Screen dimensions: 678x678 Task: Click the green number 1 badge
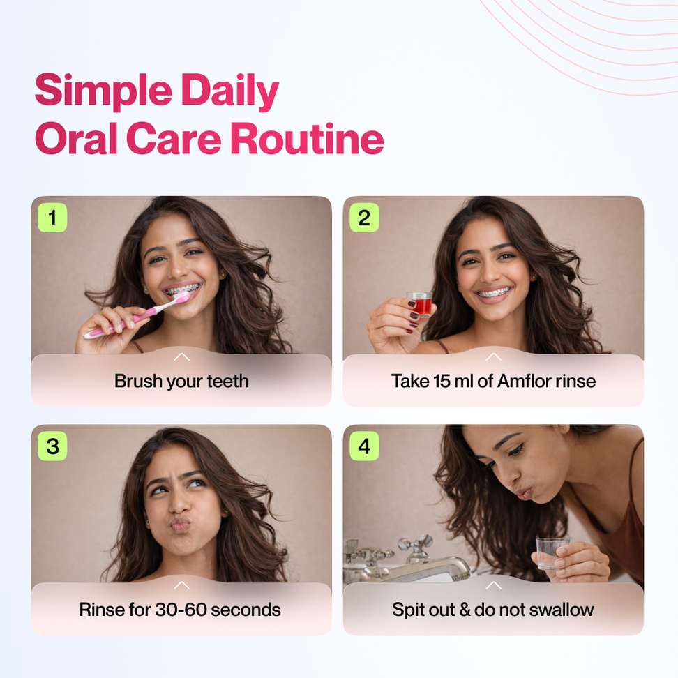(52, 218)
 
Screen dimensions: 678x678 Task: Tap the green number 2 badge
(364, 218)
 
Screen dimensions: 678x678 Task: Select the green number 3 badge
(52, 446)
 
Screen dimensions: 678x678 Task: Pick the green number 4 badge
(364, 446)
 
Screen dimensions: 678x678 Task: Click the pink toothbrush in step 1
(137, 315)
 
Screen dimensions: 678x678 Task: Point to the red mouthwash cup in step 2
(419, 304)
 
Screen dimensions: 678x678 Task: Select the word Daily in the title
(230, 91)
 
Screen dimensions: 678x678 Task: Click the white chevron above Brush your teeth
(181, 356)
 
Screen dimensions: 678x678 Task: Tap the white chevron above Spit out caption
(493, 585)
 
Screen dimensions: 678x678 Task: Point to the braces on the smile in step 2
(493, 293)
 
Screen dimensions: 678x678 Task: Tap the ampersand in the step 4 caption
(465, 610)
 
